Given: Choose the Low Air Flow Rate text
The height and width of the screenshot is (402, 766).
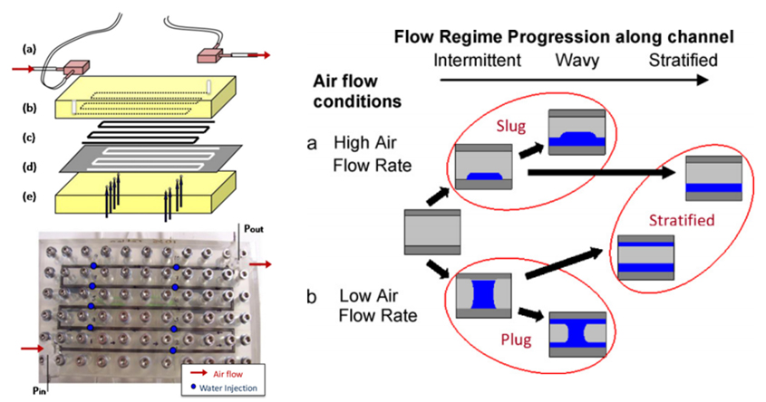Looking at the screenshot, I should [377, 308].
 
